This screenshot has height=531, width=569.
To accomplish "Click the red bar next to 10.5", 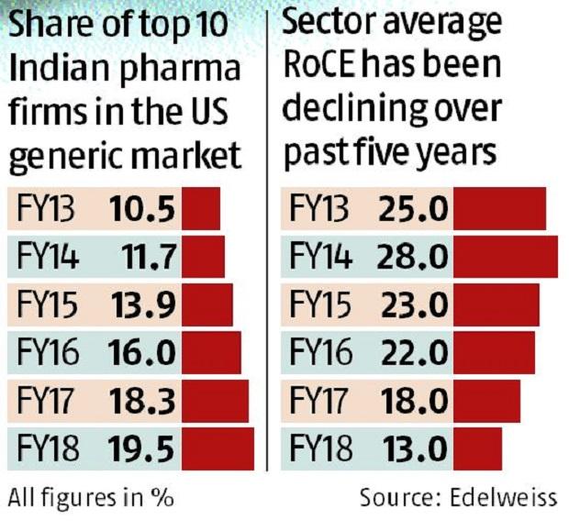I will (201, 210).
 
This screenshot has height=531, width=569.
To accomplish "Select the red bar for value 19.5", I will (218, 449).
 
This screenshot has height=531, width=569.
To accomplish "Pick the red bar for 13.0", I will (477, 449).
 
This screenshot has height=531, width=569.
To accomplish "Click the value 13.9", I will (141, 305).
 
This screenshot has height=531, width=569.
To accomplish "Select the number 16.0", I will (141, 354).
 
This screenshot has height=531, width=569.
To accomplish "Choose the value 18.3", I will (141, 402).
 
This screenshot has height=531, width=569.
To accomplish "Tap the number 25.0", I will (412, 210).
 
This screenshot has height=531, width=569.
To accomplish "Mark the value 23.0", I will (412, 305).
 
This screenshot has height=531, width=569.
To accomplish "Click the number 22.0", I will (412, 354).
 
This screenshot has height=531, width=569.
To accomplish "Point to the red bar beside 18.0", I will (486, 402).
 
